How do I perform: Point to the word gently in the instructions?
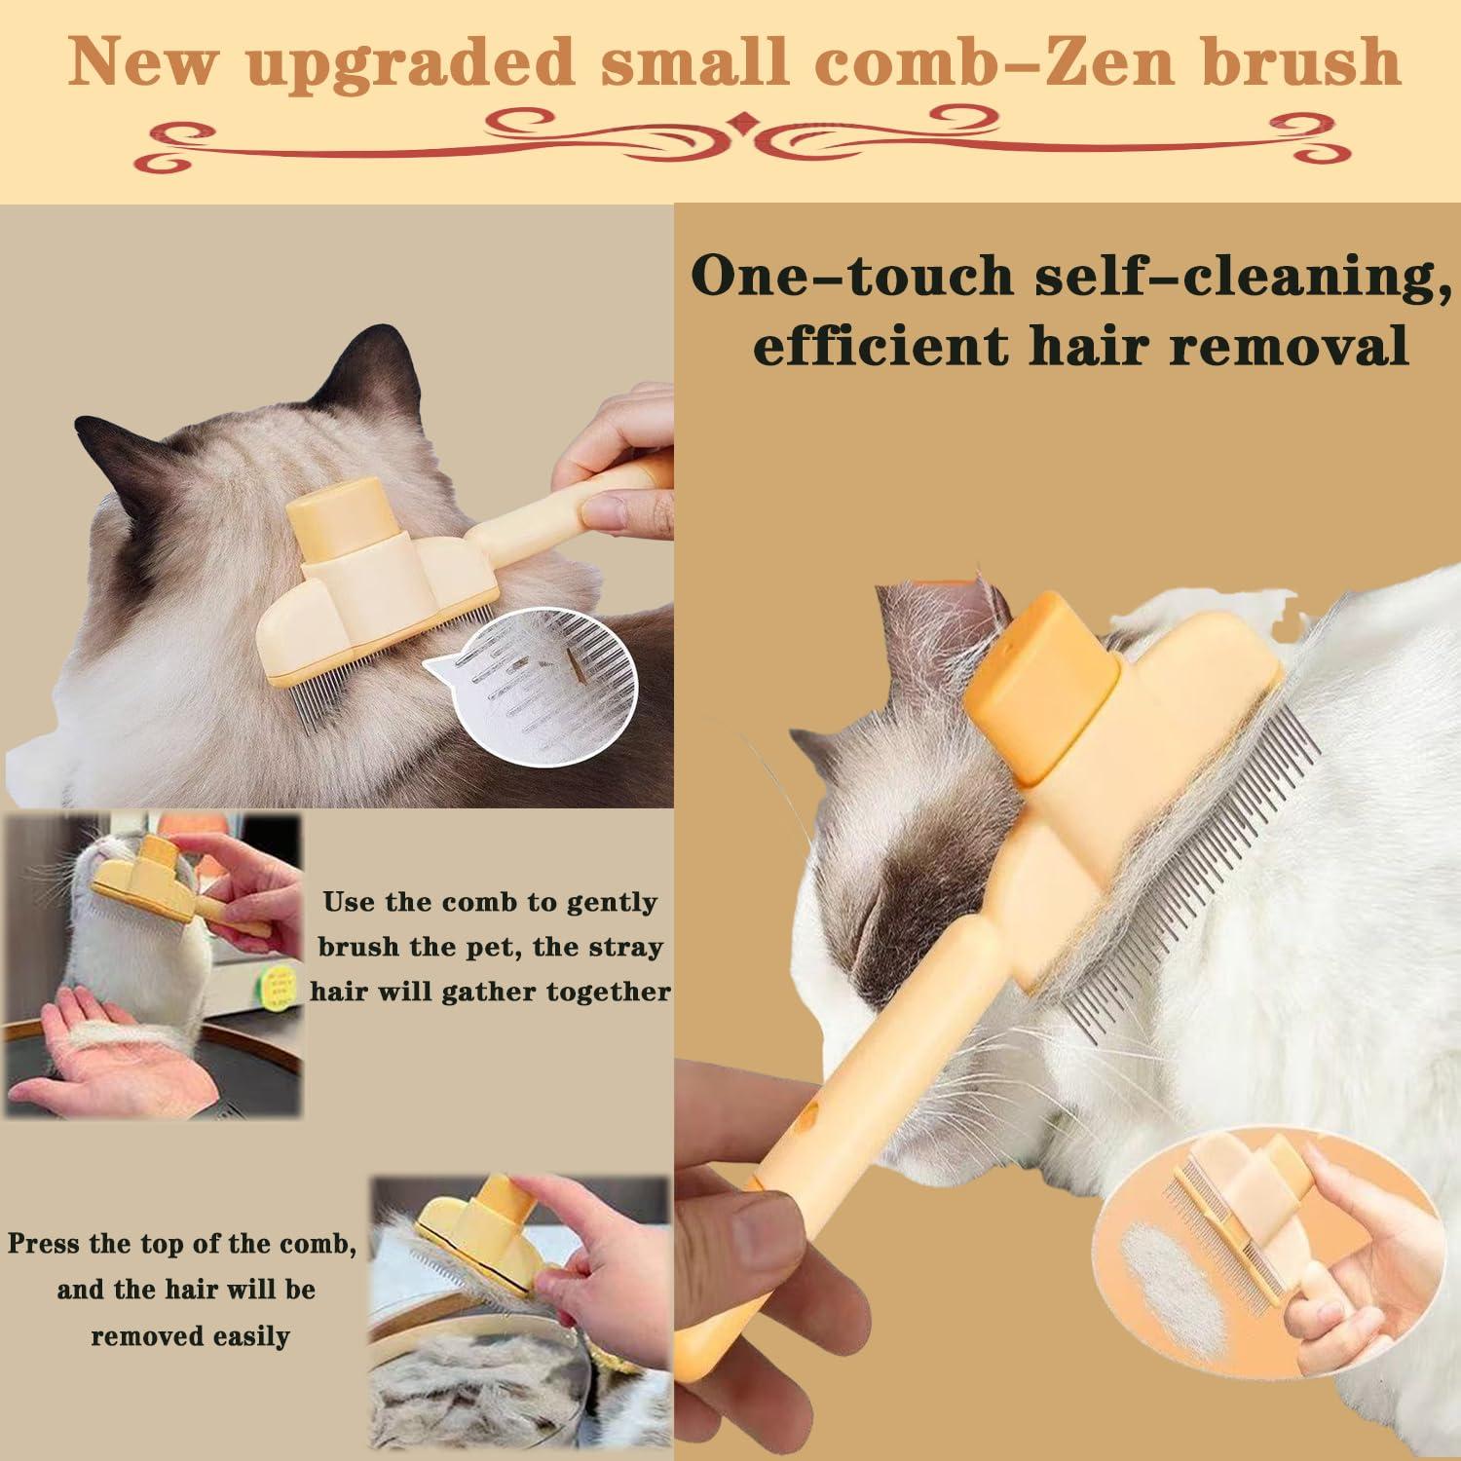point(612,902)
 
